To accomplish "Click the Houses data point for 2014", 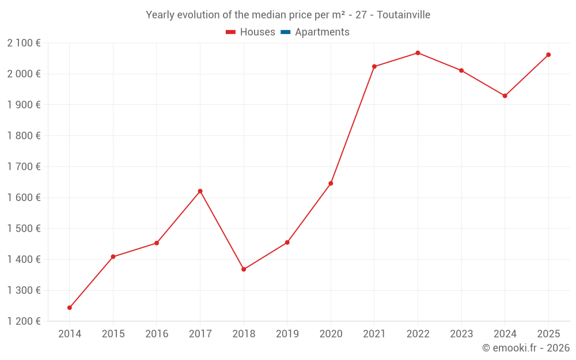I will coord(70,308).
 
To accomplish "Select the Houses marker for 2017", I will coord(200,191).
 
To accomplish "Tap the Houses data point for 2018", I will coord(244,269).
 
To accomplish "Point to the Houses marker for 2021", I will coord(374,67).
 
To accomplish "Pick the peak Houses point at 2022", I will coord(418,53).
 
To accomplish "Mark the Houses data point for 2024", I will coord(505,96).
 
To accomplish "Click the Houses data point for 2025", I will coord(548,55).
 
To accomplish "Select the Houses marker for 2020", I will coord(331,183).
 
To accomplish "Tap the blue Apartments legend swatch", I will coord(286,32).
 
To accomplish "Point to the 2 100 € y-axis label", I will coord(24,43).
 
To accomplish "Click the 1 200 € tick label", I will coord(24,321).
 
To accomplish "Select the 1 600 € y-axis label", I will coord(24,198).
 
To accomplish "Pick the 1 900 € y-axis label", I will coord(24,105).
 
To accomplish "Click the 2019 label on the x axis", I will coord(287,334).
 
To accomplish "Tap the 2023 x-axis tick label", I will coord(461,334).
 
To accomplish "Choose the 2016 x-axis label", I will coord(157,334).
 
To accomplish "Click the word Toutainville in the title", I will coord(403,15).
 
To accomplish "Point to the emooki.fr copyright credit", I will coord(526,348).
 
